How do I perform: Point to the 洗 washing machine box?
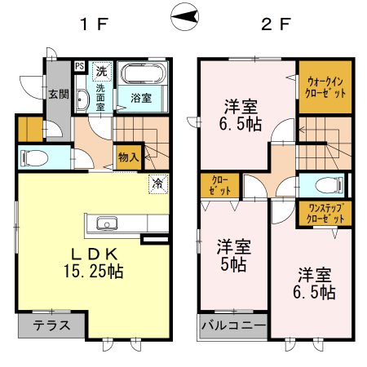click(x=101, y=69)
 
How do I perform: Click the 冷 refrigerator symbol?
click(x=156, y=183)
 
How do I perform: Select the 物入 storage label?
click(x=128, y=156)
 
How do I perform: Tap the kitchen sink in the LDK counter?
click(x=107, y=223)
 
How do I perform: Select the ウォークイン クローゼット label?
click(x=325, y=86)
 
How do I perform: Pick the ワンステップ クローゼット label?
click(x=325, y=214)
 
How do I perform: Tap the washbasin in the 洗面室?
click(x=82, y=100)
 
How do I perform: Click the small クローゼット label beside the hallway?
click(x=220, y=184)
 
